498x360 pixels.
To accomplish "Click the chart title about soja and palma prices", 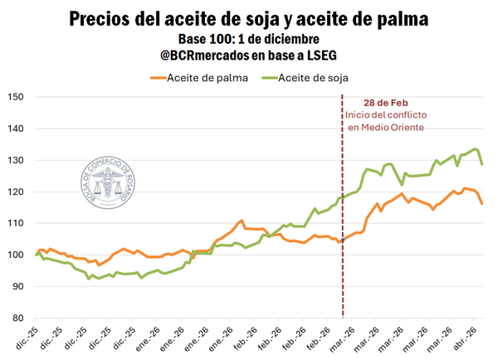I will point(249,18).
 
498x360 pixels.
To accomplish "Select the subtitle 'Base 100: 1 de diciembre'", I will point(249,39).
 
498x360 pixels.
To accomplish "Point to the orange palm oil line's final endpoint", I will point(482,203).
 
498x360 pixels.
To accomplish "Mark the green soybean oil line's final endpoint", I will point(482,163).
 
